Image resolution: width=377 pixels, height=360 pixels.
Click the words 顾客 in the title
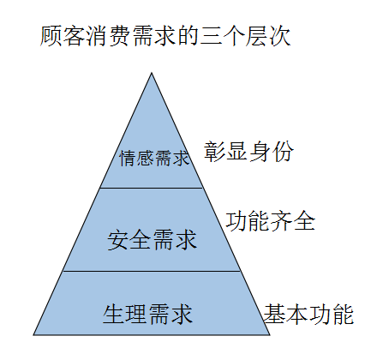point(63,36)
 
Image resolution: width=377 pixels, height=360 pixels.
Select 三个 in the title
point(222,36)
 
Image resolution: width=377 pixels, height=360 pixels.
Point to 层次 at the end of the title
point(268,36)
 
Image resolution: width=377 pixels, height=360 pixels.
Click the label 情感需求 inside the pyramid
point(154,158)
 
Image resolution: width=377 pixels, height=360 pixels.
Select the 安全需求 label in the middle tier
point(153,240)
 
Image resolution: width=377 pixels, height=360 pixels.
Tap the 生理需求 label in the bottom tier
point(147,314)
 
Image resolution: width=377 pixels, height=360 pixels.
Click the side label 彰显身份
point(248,152)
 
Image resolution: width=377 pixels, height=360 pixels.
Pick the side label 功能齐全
point(271,221)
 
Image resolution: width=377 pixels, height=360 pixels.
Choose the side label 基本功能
point(308,315)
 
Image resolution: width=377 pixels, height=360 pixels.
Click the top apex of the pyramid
point(152,73)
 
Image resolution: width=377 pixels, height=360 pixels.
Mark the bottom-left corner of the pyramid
point(33,335)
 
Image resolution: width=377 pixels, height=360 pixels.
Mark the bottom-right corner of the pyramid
point(270,335)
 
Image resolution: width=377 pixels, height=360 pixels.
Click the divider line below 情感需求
point(151,188)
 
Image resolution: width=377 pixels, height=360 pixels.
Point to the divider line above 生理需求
point(152,271)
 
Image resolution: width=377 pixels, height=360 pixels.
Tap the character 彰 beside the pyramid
point(215,152)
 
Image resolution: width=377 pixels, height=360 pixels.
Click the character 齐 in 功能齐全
point(282,221)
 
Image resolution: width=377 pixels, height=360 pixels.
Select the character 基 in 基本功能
point(275,315)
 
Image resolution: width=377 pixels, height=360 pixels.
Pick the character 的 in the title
point(188,36)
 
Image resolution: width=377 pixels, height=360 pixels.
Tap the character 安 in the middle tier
point(118,240)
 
